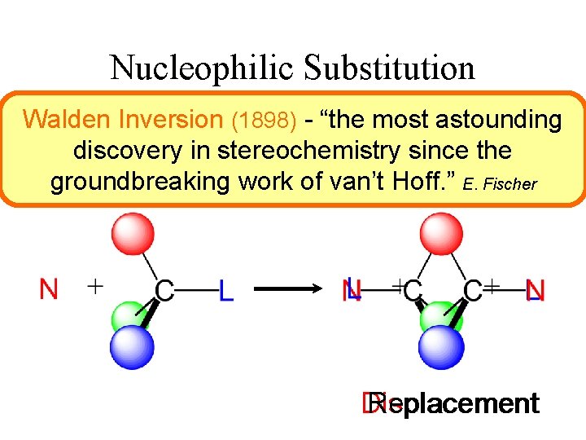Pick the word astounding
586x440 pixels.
click(x=498, y=120)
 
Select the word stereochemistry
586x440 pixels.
click(x=332, y=151)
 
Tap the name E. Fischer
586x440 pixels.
click(x=499, y=184)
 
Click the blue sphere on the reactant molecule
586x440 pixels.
click(x=133, y=346)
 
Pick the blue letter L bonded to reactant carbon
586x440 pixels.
click(x=225, y=291)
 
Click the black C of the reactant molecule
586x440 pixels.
click(x=164, y=290)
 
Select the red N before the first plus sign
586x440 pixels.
click(x=49, y=288)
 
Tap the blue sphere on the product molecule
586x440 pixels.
click(x=441, y=346)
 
